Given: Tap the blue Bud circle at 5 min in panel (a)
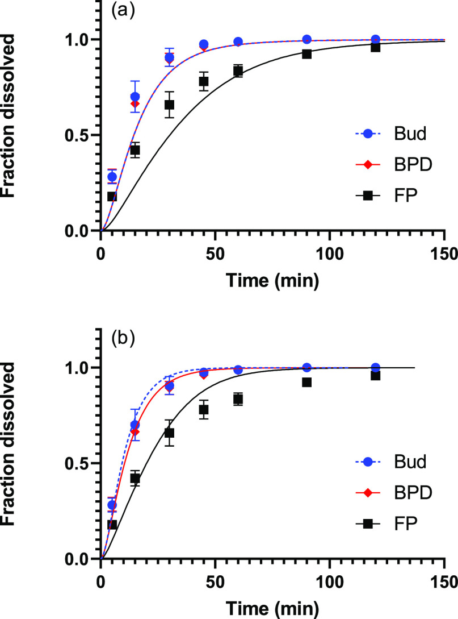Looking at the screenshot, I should (x=112, y=177).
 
